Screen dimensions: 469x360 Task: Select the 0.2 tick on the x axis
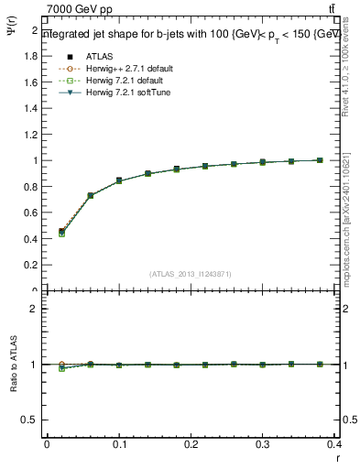click(x=191, y=445)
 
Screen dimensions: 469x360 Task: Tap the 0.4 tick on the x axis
click(x=334, y=445)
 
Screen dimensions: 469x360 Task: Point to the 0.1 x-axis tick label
click(x=118, y=445)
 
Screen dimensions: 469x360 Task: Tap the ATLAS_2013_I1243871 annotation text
click(x=191, y=274)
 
